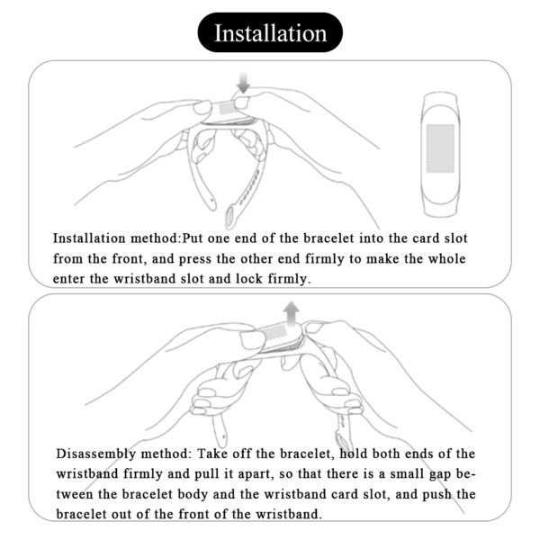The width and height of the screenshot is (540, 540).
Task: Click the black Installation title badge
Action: [x=269, y=34]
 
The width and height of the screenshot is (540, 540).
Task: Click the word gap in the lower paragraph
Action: [x=443, y=473]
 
